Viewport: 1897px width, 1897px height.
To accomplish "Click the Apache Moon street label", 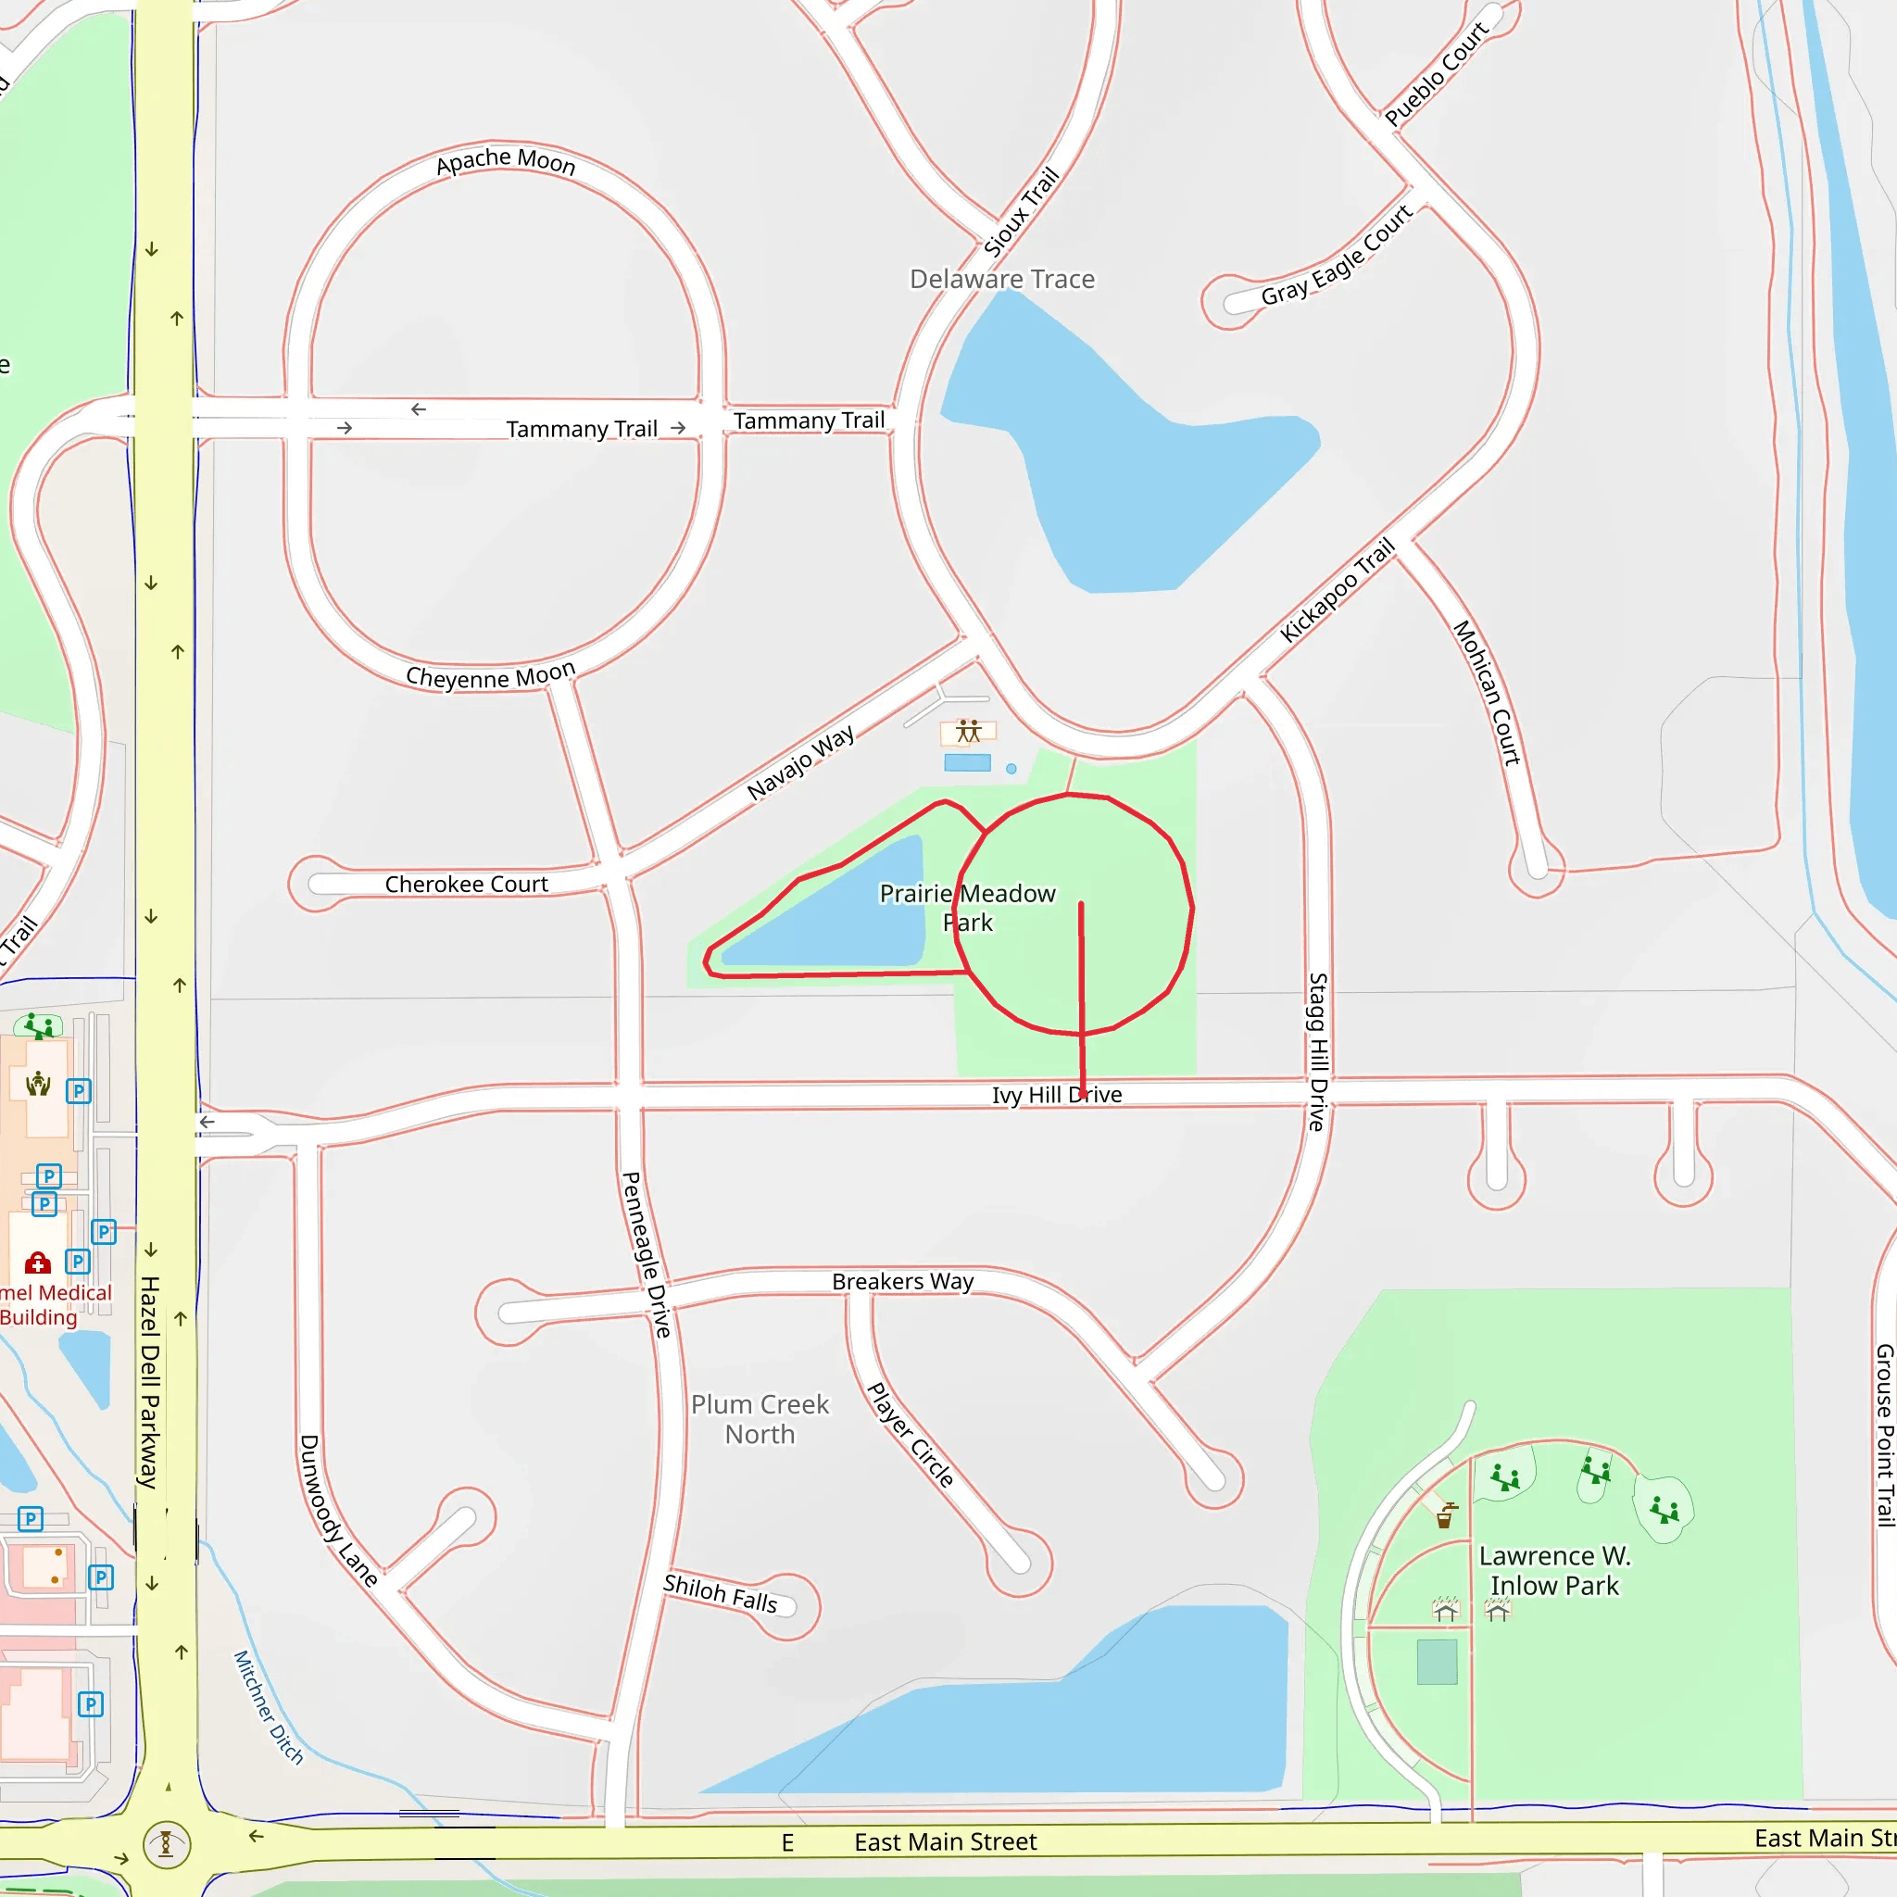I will tap(506, 161).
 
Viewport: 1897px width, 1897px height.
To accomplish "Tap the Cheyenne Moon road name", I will tap(490, 676).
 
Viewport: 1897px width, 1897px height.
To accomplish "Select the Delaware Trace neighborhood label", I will tap(1001, 280).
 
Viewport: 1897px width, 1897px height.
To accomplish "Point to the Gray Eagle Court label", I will tap(1337, 257).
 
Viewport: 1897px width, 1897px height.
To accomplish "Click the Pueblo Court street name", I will tap(1437, 74).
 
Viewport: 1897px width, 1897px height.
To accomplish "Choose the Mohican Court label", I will tap(1487, 692).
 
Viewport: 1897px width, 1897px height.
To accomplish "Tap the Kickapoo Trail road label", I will tap(1338, 590).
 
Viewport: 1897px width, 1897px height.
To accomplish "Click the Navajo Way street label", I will tap(800, 763).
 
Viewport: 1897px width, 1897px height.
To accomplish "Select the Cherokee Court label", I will tap(467, 885).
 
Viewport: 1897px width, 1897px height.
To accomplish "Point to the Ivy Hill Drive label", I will tap(1057, 1095).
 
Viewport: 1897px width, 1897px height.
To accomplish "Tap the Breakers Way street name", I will tap(902, 1281).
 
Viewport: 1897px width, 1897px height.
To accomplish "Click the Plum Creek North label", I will tap(760, 1420).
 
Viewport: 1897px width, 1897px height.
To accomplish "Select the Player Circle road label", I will tap(911, 1435).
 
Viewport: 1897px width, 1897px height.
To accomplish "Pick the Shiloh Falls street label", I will tap(720, 1592).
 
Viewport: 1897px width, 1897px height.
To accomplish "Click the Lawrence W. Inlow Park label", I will tap(1554, 1571).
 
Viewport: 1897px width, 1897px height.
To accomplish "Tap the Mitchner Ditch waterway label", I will tap(268, 1707).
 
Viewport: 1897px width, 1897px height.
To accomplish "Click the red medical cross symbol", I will tap(38, 1263).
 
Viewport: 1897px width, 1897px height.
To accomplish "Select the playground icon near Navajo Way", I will tap(968, 732).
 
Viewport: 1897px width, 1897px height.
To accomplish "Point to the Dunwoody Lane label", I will tap(338, 1510).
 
